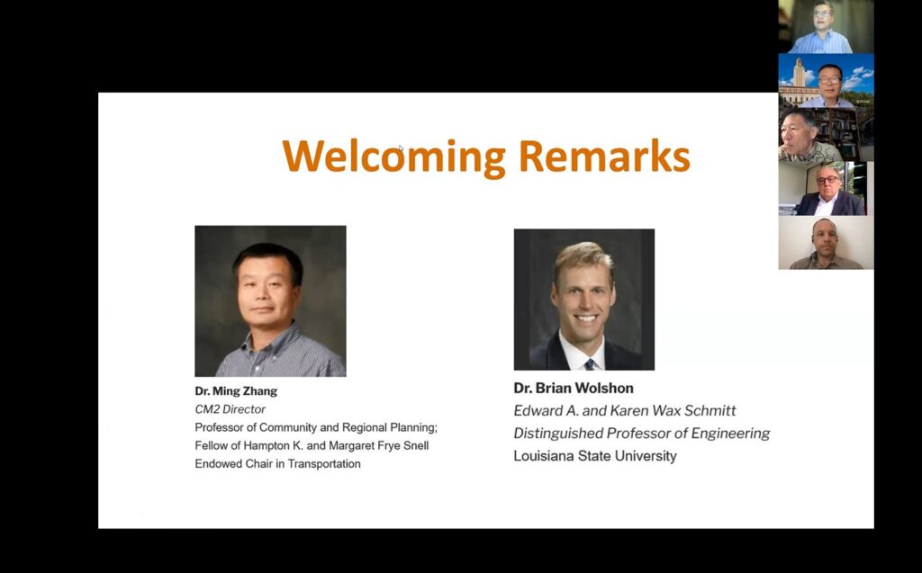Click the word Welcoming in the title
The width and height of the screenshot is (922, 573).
click(x=394, y=157)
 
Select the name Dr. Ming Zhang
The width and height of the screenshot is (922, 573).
click(x=236, y=390)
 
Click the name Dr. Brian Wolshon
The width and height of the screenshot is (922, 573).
click(x=574, y=388)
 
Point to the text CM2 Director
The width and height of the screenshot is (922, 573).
click(x=230, y=409)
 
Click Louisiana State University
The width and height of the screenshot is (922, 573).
click(x=595, y=455)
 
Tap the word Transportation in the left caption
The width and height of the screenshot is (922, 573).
click(x=324, y=463)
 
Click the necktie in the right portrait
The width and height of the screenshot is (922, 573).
click(x=589, y=364)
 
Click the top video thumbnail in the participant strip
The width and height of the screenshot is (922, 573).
click(x=827, y=27)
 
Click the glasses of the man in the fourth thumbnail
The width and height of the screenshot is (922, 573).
click(x=828, y=180)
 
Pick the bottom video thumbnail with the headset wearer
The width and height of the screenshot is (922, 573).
click(x=827, y=243)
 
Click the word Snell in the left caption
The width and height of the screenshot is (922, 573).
click(x=416, y=445)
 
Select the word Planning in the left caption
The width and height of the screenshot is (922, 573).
click(x=413, y=428)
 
